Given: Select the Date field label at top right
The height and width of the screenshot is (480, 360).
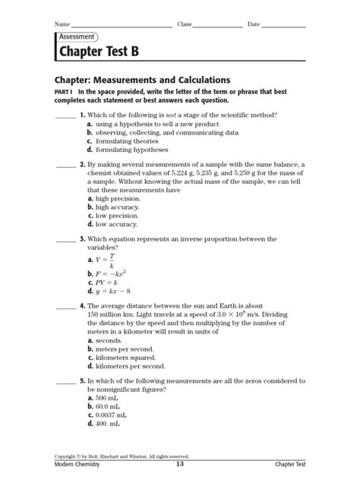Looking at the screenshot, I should coord(254,24).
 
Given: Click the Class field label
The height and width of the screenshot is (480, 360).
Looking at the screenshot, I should coord(185,24).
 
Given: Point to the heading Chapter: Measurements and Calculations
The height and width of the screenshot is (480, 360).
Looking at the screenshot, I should coord(142,80).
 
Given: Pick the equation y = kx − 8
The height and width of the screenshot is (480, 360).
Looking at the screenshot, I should coord(110,291).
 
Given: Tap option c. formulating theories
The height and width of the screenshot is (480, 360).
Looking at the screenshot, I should coord(122,141).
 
